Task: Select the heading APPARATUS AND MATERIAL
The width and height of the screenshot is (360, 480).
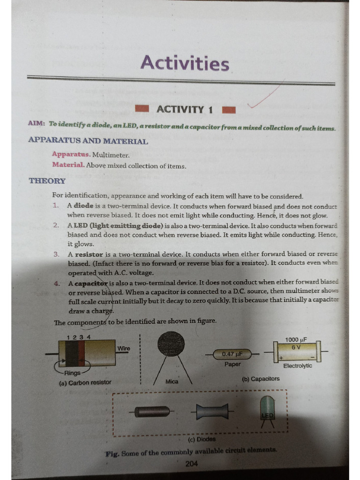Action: tap(88, 141)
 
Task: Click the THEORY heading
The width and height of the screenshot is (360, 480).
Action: tap(47, 181)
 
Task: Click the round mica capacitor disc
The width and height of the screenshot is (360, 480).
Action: tap(171, 345)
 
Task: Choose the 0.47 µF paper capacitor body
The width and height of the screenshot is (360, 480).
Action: tap(232, 354)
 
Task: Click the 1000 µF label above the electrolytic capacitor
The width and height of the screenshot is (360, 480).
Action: tap(296, 339)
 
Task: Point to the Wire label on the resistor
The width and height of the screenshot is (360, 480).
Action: tap(124, 348)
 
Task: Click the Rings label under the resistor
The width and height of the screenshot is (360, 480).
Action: tap(72, 373)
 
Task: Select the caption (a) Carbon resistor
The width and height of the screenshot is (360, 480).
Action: tap(85, 382)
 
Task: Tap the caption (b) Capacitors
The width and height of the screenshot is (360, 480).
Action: tap(261, 379)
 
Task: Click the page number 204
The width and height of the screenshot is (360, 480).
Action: tap(191, 464)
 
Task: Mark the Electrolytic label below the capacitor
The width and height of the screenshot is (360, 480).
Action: tap(297, 366)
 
